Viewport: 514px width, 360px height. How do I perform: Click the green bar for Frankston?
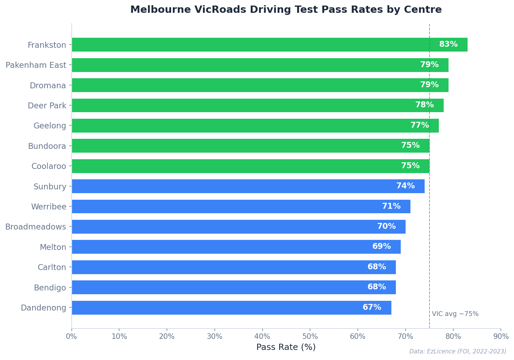click(x=242, y=45)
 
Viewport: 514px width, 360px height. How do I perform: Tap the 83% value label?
click(x=448, y=45)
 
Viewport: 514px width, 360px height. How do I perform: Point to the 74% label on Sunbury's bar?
click(x=405, y=186)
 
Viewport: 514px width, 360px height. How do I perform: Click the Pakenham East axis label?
click(x=36, y=65)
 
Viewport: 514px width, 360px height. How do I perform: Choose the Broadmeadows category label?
click(x=35, y=227)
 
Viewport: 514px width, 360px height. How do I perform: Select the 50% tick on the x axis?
click(x=310, y=336)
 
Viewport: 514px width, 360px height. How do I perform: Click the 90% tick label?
click(x=501, y=336)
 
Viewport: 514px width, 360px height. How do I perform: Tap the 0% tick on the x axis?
click(x=72, y=336)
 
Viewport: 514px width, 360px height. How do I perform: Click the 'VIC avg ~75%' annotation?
click(x=455, y=314)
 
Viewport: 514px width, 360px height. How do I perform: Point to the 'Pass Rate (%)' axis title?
click(x=286, y=347)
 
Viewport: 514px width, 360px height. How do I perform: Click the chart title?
click(x=286, y=10)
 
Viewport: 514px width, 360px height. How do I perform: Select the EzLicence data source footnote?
click(x=458, y=352)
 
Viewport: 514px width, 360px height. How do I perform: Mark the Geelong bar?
click(x=239, y=126)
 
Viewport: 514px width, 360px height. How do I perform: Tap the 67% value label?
click(x=372, y=308)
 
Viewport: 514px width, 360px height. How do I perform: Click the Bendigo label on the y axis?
click(x=50, y=288)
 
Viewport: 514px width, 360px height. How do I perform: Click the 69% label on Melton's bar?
click(x=381, y=247)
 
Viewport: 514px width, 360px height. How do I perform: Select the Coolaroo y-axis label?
click(x=48, y=166)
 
